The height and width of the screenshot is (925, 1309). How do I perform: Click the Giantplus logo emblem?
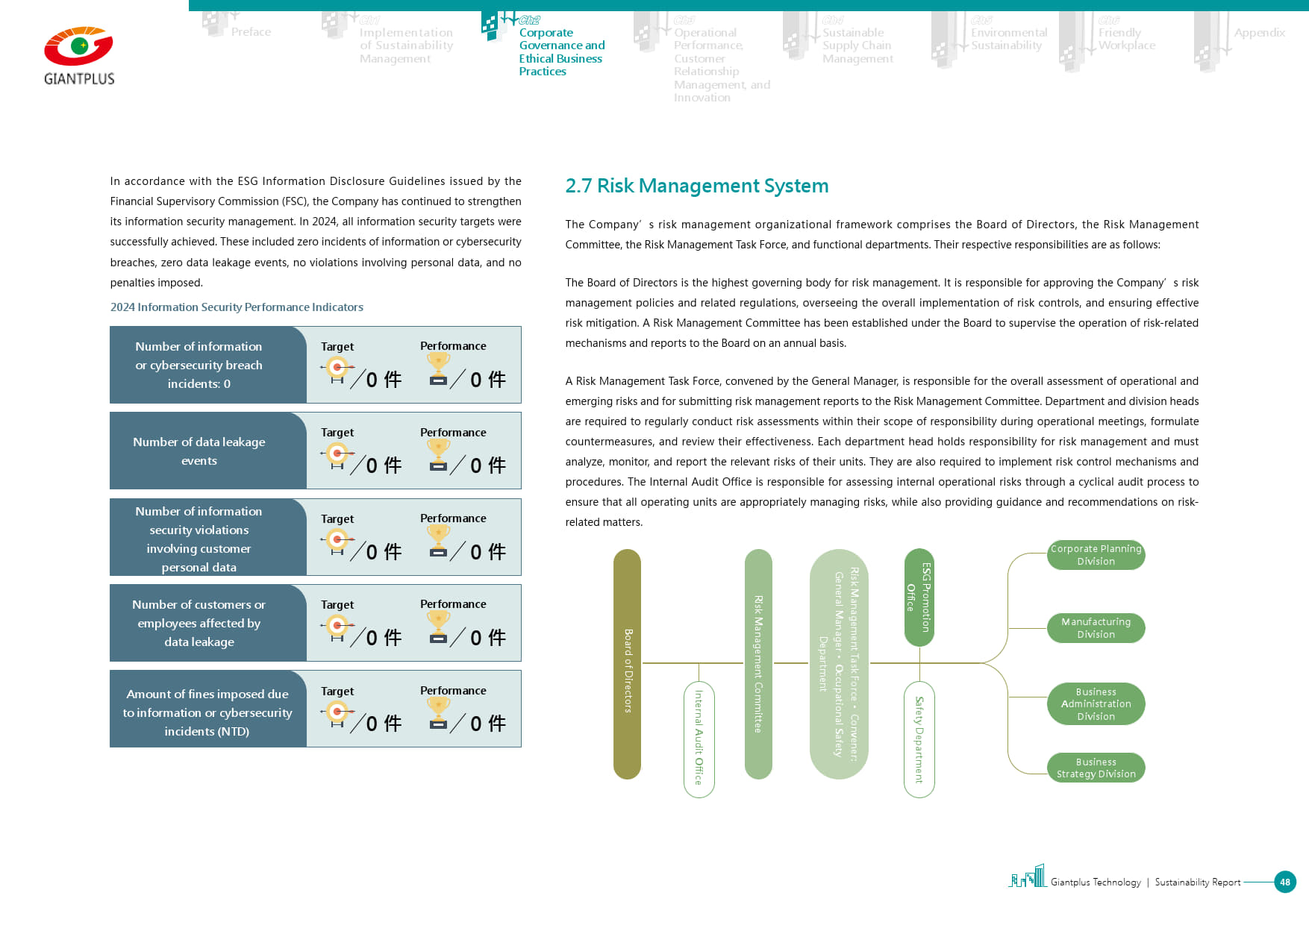click(x=78, y=47)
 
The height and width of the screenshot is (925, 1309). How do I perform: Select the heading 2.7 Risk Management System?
click(x=696, y=186)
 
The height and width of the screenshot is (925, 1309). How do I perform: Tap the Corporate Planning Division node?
click(x=1096, y=555)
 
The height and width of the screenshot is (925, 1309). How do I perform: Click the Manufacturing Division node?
click(x=1096, y=628)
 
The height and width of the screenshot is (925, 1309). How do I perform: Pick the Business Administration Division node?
click(x=1096, y=704)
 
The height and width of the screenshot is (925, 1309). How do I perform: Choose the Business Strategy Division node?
click(x=1096, y=768)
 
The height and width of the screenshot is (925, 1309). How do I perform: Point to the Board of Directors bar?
click(x=627, y=664)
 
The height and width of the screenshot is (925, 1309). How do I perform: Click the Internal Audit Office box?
click(x=699, y=739)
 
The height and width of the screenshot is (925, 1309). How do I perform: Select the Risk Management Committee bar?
click(x=758, y=664)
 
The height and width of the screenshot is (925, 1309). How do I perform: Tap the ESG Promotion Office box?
click(x=919, y=598)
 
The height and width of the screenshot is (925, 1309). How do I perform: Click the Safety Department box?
click(x=919, y=739)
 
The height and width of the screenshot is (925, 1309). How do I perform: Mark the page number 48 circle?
click(x=1284, y=882)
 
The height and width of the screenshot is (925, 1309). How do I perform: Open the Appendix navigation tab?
click(x=1259, y=33)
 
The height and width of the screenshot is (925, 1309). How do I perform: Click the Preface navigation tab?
click(x=251, y=32)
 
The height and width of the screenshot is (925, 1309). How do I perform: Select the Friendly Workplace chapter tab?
click(x=1126, y=39)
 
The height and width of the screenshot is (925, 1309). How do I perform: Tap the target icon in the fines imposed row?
click(x=337, y=713)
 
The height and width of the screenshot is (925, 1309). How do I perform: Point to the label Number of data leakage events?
click(x=199, y=451)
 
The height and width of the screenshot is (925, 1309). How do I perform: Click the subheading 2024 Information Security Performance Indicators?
click(x=237, y=307)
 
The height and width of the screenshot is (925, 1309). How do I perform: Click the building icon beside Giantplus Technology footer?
click(x=1028, y=877)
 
